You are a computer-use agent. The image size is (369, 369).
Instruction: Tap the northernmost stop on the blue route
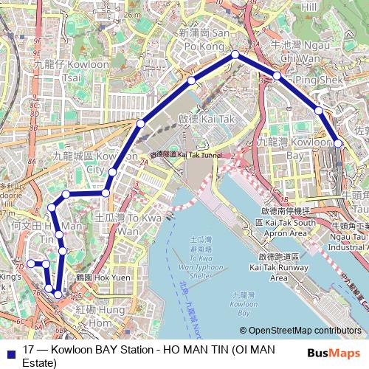coord(235,55)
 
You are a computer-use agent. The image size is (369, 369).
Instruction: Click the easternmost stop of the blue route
coord(337,142)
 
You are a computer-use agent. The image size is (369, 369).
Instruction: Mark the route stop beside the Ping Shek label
coord(277,76)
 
